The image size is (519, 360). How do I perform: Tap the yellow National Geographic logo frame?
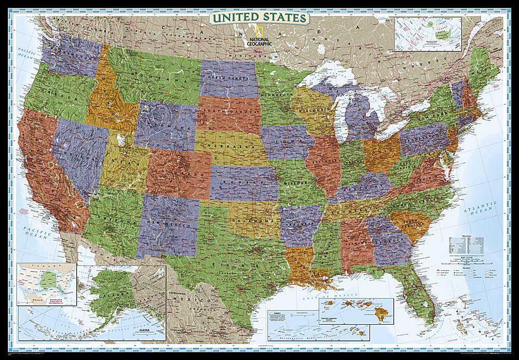click(x=253, y=32)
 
